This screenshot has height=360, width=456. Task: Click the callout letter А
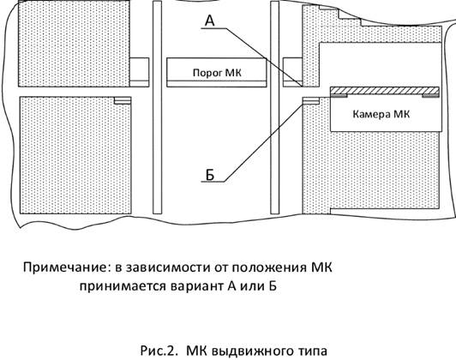pos(210,21)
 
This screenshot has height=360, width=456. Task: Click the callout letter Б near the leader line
pos(210,175)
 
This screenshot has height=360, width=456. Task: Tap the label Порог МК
pos(217,72)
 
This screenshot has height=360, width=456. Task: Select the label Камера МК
pos(381,114)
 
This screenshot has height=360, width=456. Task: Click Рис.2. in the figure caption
pos(159,351)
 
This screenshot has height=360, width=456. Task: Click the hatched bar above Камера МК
pos(385,92)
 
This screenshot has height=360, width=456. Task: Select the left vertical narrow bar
pos(158,107)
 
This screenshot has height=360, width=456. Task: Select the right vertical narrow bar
pos(275,107)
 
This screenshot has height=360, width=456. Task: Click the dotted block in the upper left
pos(75,44)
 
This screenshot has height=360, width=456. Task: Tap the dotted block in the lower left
pos(75,156)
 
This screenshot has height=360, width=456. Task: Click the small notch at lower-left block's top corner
pos(123,100)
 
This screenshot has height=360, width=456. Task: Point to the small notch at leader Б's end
pos(311,100)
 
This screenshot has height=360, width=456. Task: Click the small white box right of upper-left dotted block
pos(140,72)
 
